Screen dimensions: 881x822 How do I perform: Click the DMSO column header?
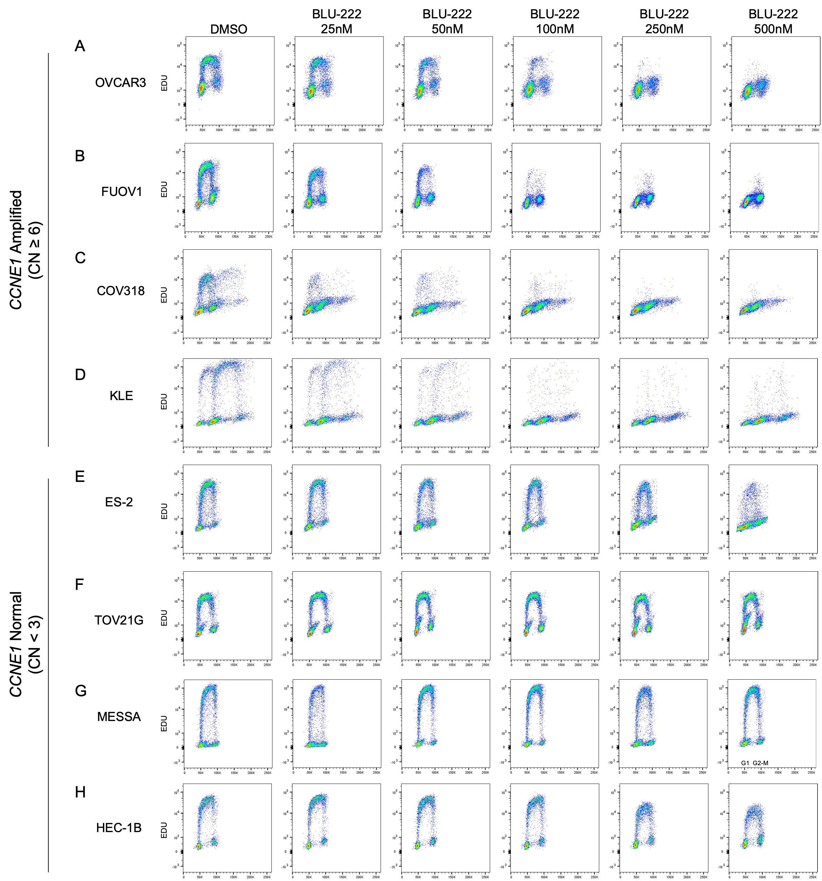(x=229, y=29)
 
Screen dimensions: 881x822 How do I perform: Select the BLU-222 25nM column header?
(x=336, y=22)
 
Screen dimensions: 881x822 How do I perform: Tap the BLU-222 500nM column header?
(x=773, y=22)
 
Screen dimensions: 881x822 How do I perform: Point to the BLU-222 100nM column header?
(x=554, y=22)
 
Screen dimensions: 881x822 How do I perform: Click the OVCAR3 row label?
(x=121, y=83)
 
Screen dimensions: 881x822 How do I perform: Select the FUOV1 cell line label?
(x=121, y=192)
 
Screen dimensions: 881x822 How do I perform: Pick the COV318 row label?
(x=121, y=291)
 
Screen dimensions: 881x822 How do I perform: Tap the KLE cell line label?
(x=121, y=396)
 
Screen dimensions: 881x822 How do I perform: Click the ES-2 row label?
(x=119, y=502)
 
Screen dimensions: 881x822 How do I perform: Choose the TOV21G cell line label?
(x=119, y=620)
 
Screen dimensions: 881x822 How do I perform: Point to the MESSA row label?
(x=119, y=717)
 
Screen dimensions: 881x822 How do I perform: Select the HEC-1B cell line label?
(x=119, y=828)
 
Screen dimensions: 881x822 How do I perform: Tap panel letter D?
(x=80, y=375)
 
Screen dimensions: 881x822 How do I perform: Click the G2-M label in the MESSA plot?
(x=761, y=763)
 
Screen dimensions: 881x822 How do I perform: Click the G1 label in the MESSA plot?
(x=745, y=763)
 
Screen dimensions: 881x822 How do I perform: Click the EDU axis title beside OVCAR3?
(x=164, y=83)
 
